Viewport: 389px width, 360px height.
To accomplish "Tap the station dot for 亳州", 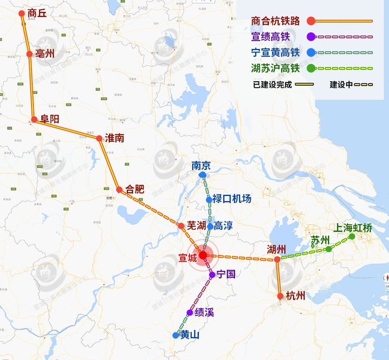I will [29, 54].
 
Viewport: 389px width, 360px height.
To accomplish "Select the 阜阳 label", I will [49, 119].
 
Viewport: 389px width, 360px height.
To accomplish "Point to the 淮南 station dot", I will [99, 138].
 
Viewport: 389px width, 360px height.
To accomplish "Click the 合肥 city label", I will [135, 189].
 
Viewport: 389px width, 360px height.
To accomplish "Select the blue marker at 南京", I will [202, 175].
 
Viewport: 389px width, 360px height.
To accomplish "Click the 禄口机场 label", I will [232, 199].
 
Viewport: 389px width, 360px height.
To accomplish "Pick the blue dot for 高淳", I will [210, 226].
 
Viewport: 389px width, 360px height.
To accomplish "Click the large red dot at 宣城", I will [203, 255].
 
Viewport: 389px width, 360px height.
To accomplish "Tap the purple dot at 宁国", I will [212, 275].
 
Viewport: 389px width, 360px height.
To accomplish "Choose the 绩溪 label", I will [204, 312].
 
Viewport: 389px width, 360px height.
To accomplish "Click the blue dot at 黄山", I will [176, 335].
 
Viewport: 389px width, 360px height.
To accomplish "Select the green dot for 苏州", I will [328, 249].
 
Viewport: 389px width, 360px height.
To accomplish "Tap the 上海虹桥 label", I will [352, 228].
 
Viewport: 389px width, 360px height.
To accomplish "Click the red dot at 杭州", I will [281, 296].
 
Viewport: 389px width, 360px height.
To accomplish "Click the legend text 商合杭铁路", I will [275, 21].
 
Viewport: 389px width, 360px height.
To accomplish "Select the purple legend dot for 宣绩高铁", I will [311, 37].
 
